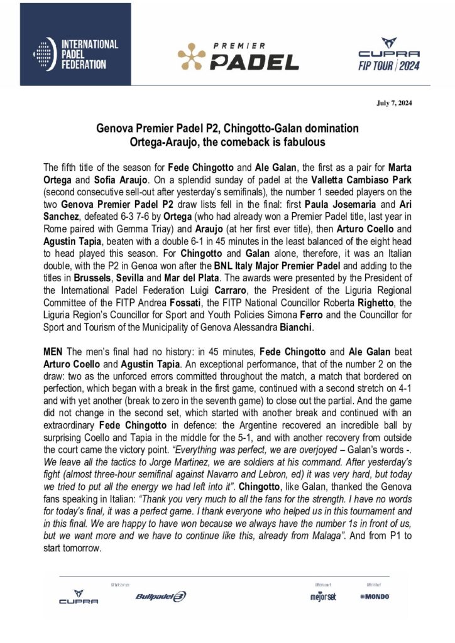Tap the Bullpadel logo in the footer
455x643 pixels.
coord(161,596)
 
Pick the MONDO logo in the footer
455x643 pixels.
coord(375,596)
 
